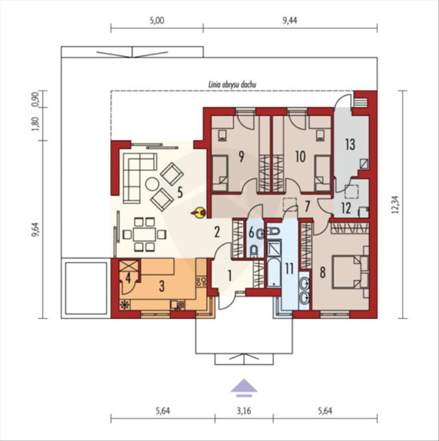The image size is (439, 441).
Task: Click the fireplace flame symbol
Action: (x=199, y=213)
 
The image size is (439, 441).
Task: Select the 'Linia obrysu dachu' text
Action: (x=232, y=84)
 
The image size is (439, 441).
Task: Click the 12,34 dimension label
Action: (x=395, y=204)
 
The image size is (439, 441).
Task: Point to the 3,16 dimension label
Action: (x=244, y=411)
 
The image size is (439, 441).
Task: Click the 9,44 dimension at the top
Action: (x=289, y=21)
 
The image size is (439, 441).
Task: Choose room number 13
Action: (x=350, y=144)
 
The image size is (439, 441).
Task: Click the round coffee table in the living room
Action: (x=152, y=184)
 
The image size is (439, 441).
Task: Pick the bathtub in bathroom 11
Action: (x=274, y=272)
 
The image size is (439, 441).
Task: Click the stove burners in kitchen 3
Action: (x=202, y=281)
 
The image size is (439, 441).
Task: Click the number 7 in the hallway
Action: (x=307, y=206)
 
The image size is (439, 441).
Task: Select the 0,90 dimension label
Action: (x=36, y=99)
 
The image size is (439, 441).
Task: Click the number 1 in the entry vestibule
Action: (x=229, y=276)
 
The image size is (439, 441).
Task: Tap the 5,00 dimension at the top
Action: (x=157, y=21)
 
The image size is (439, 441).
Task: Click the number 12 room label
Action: (x=346, y=209)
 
